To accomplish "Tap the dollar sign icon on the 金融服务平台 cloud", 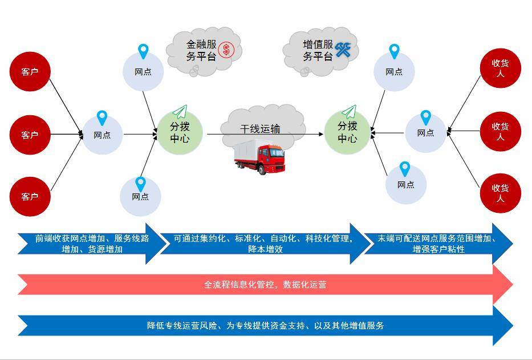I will pos(226,50).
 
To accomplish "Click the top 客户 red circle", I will pos(30,72).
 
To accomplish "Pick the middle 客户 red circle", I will pos(30,135).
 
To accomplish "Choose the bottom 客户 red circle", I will pos(30,196).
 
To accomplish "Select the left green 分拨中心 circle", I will pos(180,132).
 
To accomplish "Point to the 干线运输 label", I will pos(260,129).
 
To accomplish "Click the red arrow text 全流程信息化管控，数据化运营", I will pos(265,284).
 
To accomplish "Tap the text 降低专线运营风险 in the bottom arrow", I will pos(182,326).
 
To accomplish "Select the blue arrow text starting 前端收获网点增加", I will pos(92,244).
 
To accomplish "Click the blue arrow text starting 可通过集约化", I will pos(264,244).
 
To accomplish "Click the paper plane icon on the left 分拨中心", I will pos(180,111).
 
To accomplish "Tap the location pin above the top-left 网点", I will pos(143,51).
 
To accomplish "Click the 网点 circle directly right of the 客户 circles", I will pos(102,135).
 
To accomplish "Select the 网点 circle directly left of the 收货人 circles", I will pos(425,133).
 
